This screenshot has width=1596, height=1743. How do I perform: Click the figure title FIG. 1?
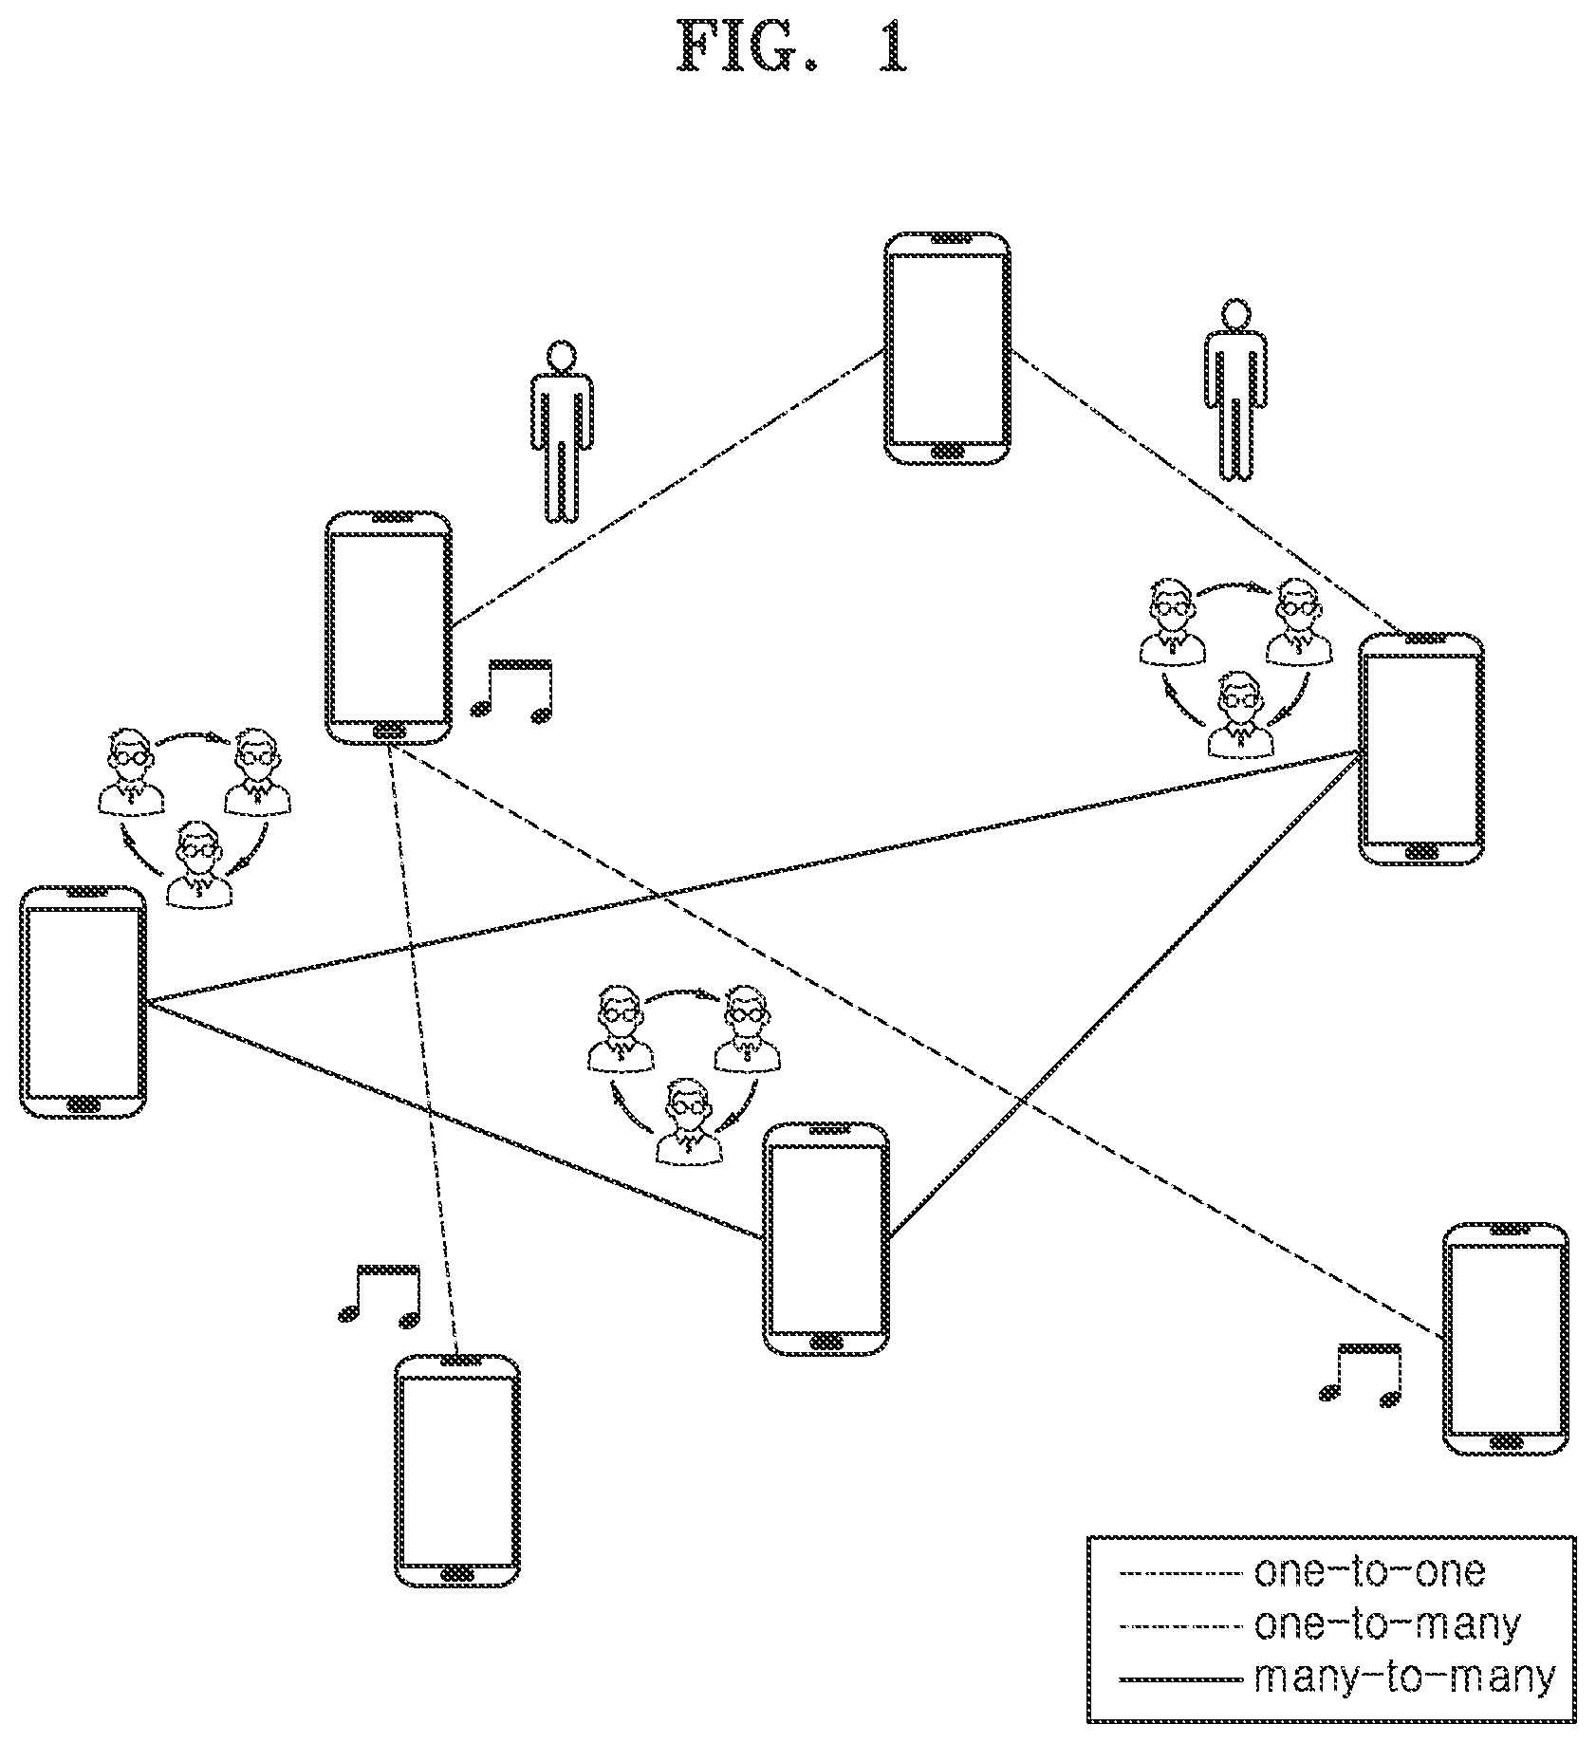click(x=793, y=48)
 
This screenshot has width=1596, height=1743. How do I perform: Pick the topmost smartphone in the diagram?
click(x=947, y=348)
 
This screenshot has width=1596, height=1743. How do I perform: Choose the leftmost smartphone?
click(x=83, y=1002)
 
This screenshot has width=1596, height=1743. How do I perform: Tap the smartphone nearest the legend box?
click(x=1505, y=1339)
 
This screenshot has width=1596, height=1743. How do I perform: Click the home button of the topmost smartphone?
click(x=948, y=451)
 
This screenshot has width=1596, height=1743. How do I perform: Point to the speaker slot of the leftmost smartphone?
click(x=83, y=894)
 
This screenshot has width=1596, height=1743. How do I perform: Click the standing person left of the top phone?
click(x=562, y=432)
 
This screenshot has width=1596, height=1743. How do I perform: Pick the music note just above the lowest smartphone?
click(x=379, y=1293)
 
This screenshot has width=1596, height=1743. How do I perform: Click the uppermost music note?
click(x=511, y=689)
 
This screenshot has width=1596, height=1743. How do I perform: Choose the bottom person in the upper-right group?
click(x=1240, y=714)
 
